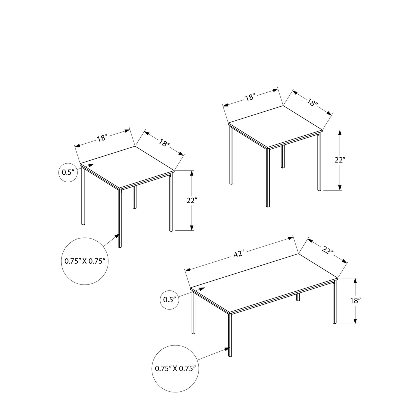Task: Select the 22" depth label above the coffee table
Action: (x=328, y=250)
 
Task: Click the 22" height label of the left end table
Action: (x=191, y=201)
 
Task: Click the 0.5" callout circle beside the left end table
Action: (x=68, y=173)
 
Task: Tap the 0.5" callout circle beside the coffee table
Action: (x=170, y=300)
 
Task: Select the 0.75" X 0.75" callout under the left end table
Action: (x=84, y=261)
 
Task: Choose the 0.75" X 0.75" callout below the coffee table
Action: (x=175, y=368)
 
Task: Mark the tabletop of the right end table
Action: (x=275, y=126)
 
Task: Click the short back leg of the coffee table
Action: (x=298, y=296)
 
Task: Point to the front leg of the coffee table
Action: (x=230, y=334)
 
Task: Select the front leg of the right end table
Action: (x=268, y=178)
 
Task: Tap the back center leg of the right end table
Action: (x=283, y=157)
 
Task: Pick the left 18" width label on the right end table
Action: (x=250, y=97)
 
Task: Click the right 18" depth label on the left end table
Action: (x=164, y=143)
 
